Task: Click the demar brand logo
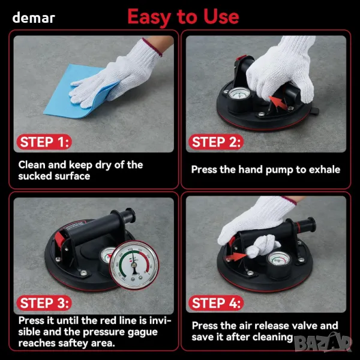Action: tap(34, 18)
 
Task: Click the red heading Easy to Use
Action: tap(183, 17)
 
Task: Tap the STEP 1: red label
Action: tap(44, 142)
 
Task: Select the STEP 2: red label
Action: tap(216, 142)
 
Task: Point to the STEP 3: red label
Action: tap(44, 303)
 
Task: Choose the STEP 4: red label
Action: tap(216, 303)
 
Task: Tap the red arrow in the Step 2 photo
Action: tap(278, 103)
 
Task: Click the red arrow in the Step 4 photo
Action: tap(236, 256)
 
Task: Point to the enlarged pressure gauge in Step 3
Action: tap(134, 265)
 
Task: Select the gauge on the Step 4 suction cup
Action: tap(278, 259)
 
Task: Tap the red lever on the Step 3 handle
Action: tap(59, 239)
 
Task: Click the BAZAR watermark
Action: tap(323, 343)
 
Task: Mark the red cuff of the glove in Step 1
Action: tap(152, 47)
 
